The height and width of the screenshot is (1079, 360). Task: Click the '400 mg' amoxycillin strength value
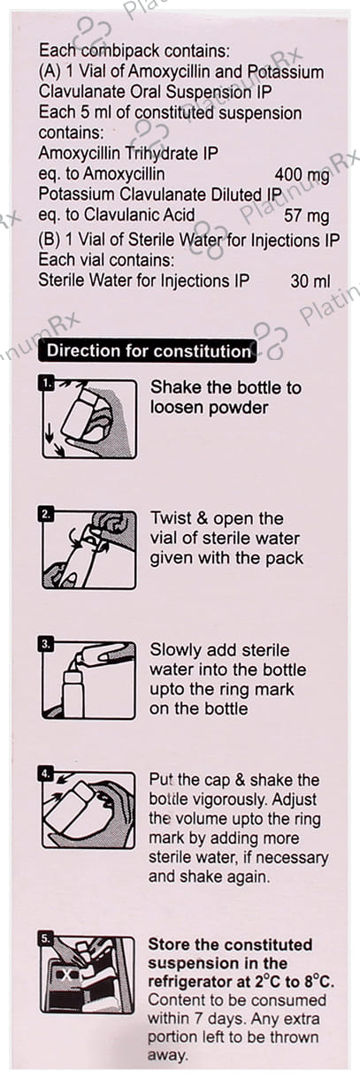tap(302, 174)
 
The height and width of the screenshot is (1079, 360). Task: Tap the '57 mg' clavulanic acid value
tap(307, 215)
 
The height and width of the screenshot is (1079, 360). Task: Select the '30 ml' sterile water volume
tap(310, 281)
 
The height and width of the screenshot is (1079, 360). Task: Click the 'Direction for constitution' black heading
tap(148, 350)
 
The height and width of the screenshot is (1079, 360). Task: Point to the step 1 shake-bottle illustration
tap(89, 418)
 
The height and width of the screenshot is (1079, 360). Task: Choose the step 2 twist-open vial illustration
tap(88, 549)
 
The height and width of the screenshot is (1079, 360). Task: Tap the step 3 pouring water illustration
tap(88, 680)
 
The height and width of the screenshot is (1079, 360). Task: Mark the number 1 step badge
tap(47, 383)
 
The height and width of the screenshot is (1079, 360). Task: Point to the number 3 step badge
tap(46, 644)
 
